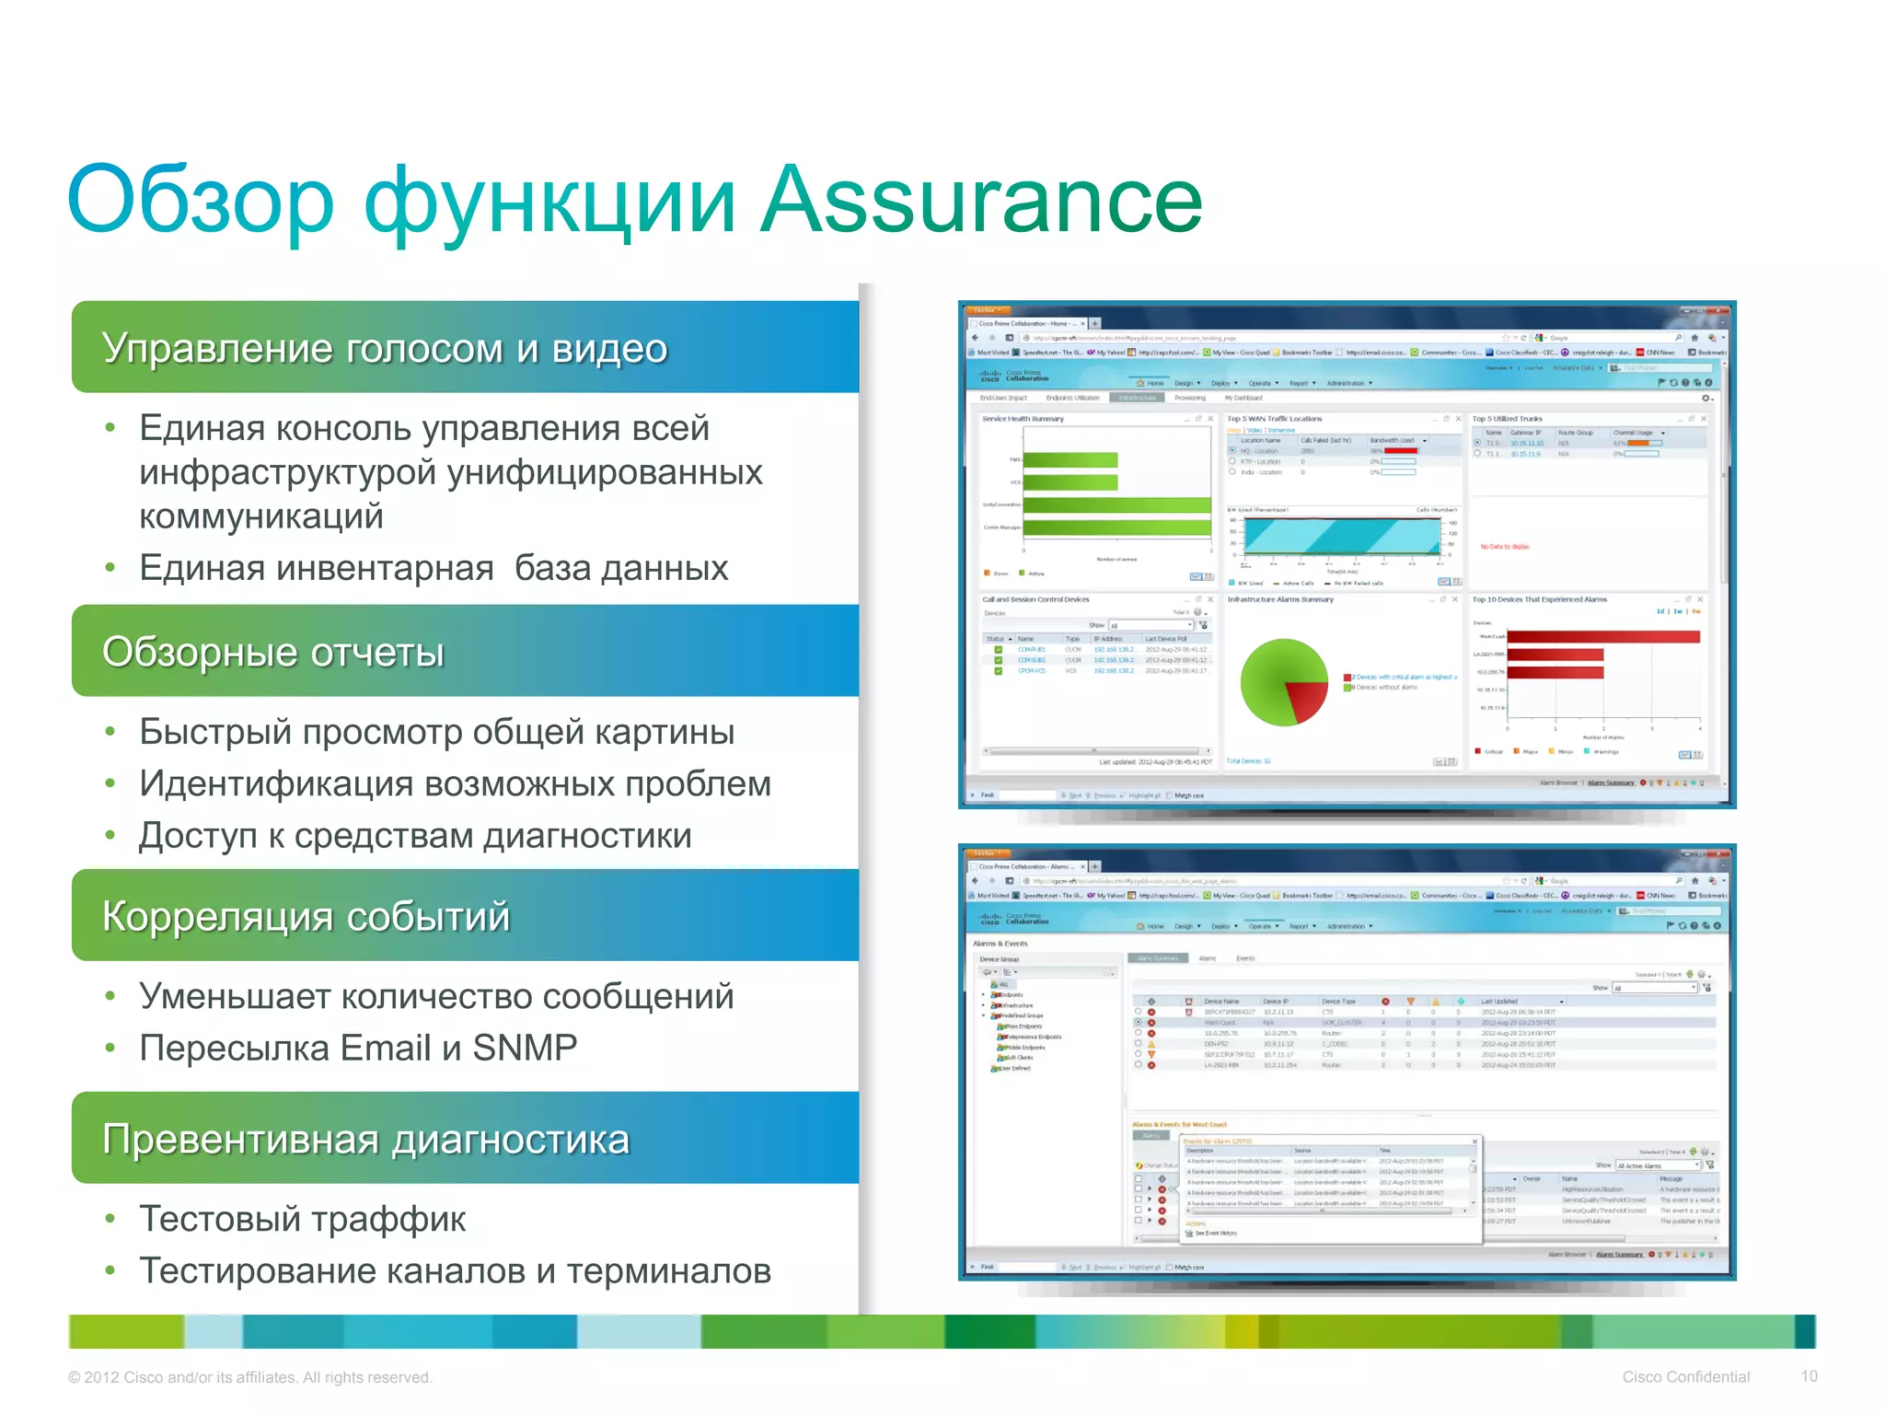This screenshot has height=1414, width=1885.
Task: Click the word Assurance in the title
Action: tap(981, 200)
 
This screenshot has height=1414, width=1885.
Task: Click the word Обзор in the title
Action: tap(201, 200)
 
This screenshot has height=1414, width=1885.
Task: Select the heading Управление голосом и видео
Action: tap(385, 348)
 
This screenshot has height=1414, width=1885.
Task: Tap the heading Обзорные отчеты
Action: tap(273, 652)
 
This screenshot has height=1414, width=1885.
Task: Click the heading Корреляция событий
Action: tap(306, 916)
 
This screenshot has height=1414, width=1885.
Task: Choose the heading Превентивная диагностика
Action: tap(365, 1139)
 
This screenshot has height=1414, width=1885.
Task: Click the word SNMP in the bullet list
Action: tap(525, 1048)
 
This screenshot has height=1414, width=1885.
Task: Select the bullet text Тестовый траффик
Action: tap(302, 1219)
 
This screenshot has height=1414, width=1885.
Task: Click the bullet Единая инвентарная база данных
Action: tap(433, 568)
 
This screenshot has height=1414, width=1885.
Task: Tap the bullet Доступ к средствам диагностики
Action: tap(414, 836)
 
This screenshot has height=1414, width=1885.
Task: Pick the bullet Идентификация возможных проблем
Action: tap(455, 784)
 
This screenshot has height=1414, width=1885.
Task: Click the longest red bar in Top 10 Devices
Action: tap(1602, 637)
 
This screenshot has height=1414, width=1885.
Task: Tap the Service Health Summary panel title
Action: tap(1023, 419)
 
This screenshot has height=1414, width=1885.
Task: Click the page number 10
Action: tap(1808, 1376)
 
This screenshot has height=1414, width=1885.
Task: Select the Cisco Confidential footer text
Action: tap(1685, 1376)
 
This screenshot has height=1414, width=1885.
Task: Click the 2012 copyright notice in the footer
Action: tap(249, 1377)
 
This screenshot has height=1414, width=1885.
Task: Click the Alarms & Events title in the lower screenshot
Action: tap(1000, 944)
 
